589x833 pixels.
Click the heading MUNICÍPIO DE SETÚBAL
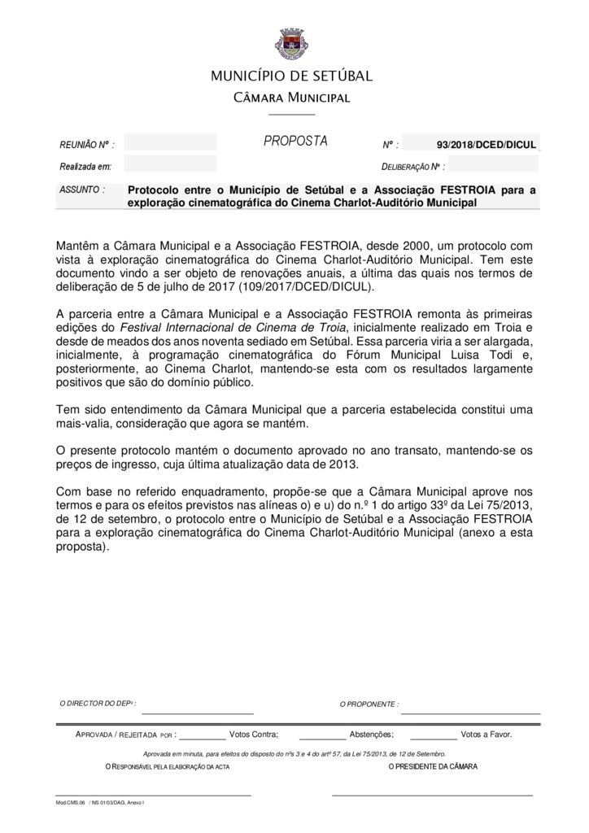[x=291, y=76]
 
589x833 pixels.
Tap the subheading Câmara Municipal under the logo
[x=291, y=98]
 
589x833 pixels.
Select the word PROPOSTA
[x=295, y=142]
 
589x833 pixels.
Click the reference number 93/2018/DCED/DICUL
[x=486, y=145]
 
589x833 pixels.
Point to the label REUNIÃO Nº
[x=86, y=145]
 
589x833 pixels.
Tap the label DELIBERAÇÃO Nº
[x=412, y=168]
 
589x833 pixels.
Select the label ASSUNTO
[x=82, y=190]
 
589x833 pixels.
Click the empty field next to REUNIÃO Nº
[x=170, y=143]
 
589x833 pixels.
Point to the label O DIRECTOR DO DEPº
[x=98, y=703]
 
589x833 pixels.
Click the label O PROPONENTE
[x=369, y=704]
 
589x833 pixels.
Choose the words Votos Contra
[x=254, y=734]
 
